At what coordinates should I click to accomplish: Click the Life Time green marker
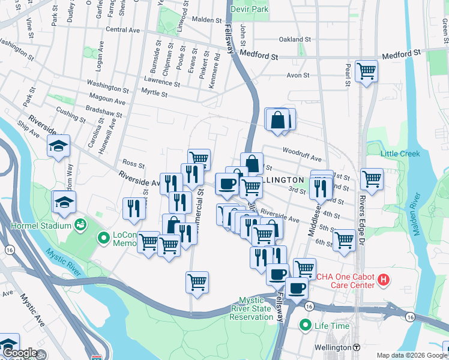(x=306, y=326)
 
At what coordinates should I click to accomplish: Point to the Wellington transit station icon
(x=357, y=347)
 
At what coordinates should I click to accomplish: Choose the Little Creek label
(x=400, y=154)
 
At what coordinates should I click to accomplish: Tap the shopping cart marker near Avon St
(x=366, y=71)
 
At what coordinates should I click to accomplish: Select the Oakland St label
(x=295, y=40)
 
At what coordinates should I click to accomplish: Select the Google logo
(x=19, y=353)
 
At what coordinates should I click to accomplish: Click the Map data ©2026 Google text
(x=411, y=355)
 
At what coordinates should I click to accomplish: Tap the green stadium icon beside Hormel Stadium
(x=80, y=225)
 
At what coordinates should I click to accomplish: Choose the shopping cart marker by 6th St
(x=345, y=239)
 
